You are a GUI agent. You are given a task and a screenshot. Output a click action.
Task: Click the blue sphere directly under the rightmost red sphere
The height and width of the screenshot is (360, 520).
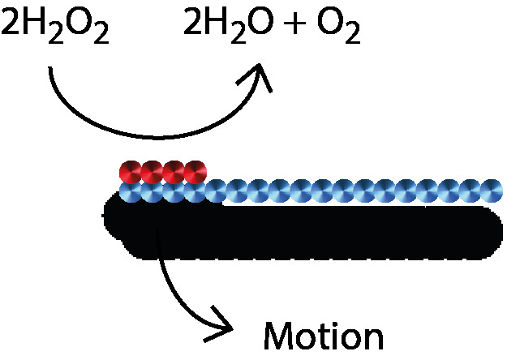click(x=195, y=193)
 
